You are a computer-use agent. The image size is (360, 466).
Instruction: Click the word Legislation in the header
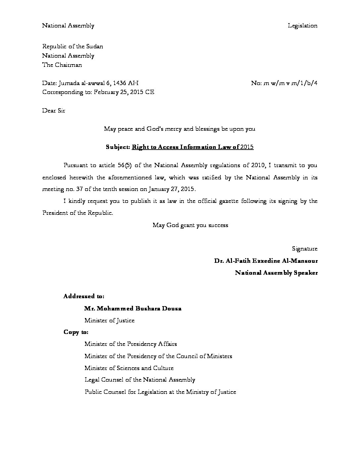coord(302,25)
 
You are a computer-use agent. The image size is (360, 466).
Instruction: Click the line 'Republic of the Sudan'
coord(72,47)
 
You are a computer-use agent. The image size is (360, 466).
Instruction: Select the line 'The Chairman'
coord(62,65)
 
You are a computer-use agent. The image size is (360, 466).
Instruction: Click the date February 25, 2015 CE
coord(124,92)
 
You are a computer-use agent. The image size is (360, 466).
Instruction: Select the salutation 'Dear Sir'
coord(54,111)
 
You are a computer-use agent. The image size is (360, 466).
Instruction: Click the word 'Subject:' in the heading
coord(118,147)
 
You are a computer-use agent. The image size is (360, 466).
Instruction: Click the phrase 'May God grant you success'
coord(190,225)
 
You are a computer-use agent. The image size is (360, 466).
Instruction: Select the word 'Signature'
coord(305,249)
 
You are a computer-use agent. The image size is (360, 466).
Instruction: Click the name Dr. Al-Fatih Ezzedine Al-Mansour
coord(266,261)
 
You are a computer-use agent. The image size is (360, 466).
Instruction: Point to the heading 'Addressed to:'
coord(84,296)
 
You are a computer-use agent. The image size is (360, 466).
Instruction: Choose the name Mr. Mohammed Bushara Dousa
coord(133,308)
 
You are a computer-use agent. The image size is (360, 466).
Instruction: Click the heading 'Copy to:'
coord(76,332)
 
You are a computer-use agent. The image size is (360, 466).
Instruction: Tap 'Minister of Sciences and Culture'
coord(129,368)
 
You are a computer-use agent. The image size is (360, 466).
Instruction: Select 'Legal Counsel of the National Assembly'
coord(140,380)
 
